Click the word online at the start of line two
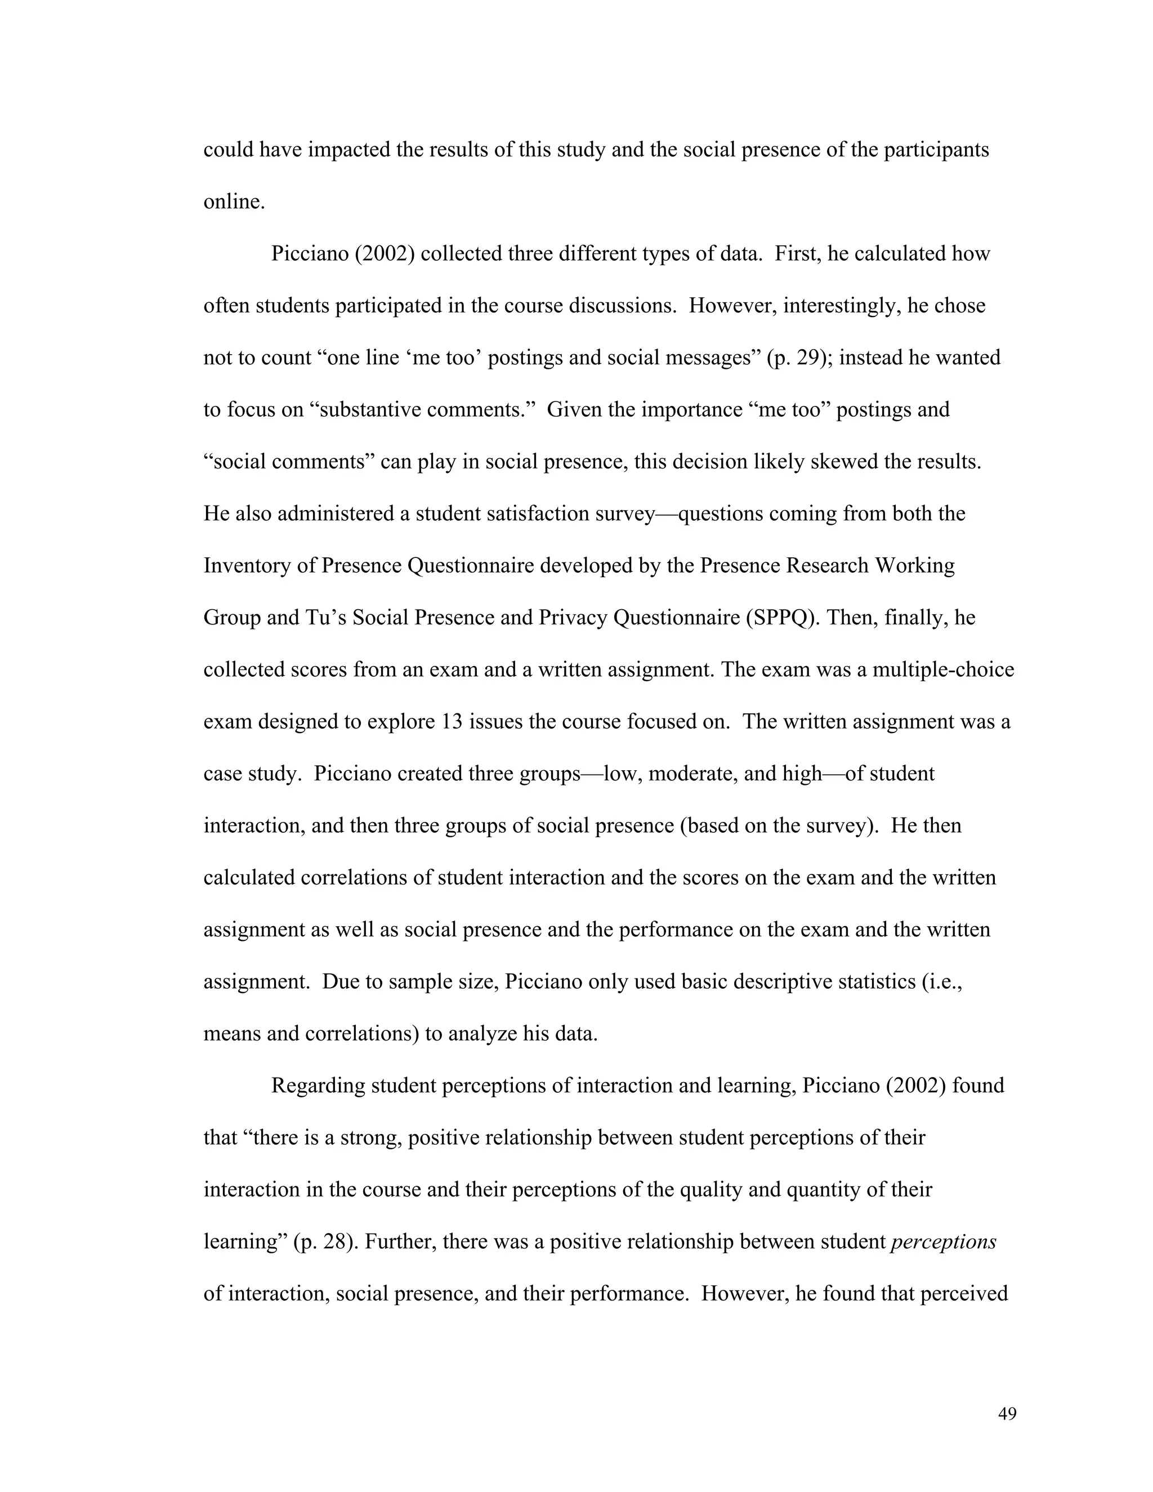click(233, 202)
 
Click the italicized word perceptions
click(944, 1241)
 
